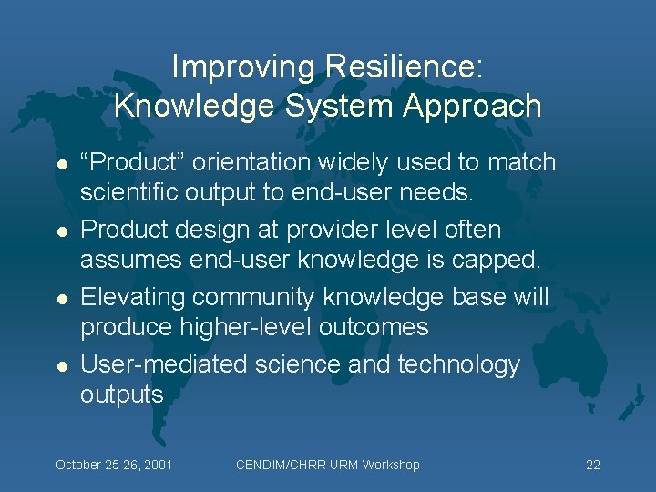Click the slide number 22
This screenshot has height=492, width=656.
click(x=593, y=465)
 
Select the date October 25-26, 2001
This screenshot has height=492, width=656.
click(x=114, y=465)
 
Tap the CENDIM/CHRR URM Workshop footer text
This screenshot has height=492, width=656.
click(x=327, y=465)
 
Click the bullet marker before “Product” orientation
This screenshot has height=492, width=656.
click(x=61, y=164)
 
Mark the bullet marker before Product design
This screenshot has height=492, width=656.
click(x=61, y=231)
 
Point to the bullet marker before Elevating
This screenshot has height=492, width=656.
click(x=61, y=299)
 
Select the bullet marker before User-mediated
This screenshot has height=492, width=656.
click(x=61, y=365)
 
